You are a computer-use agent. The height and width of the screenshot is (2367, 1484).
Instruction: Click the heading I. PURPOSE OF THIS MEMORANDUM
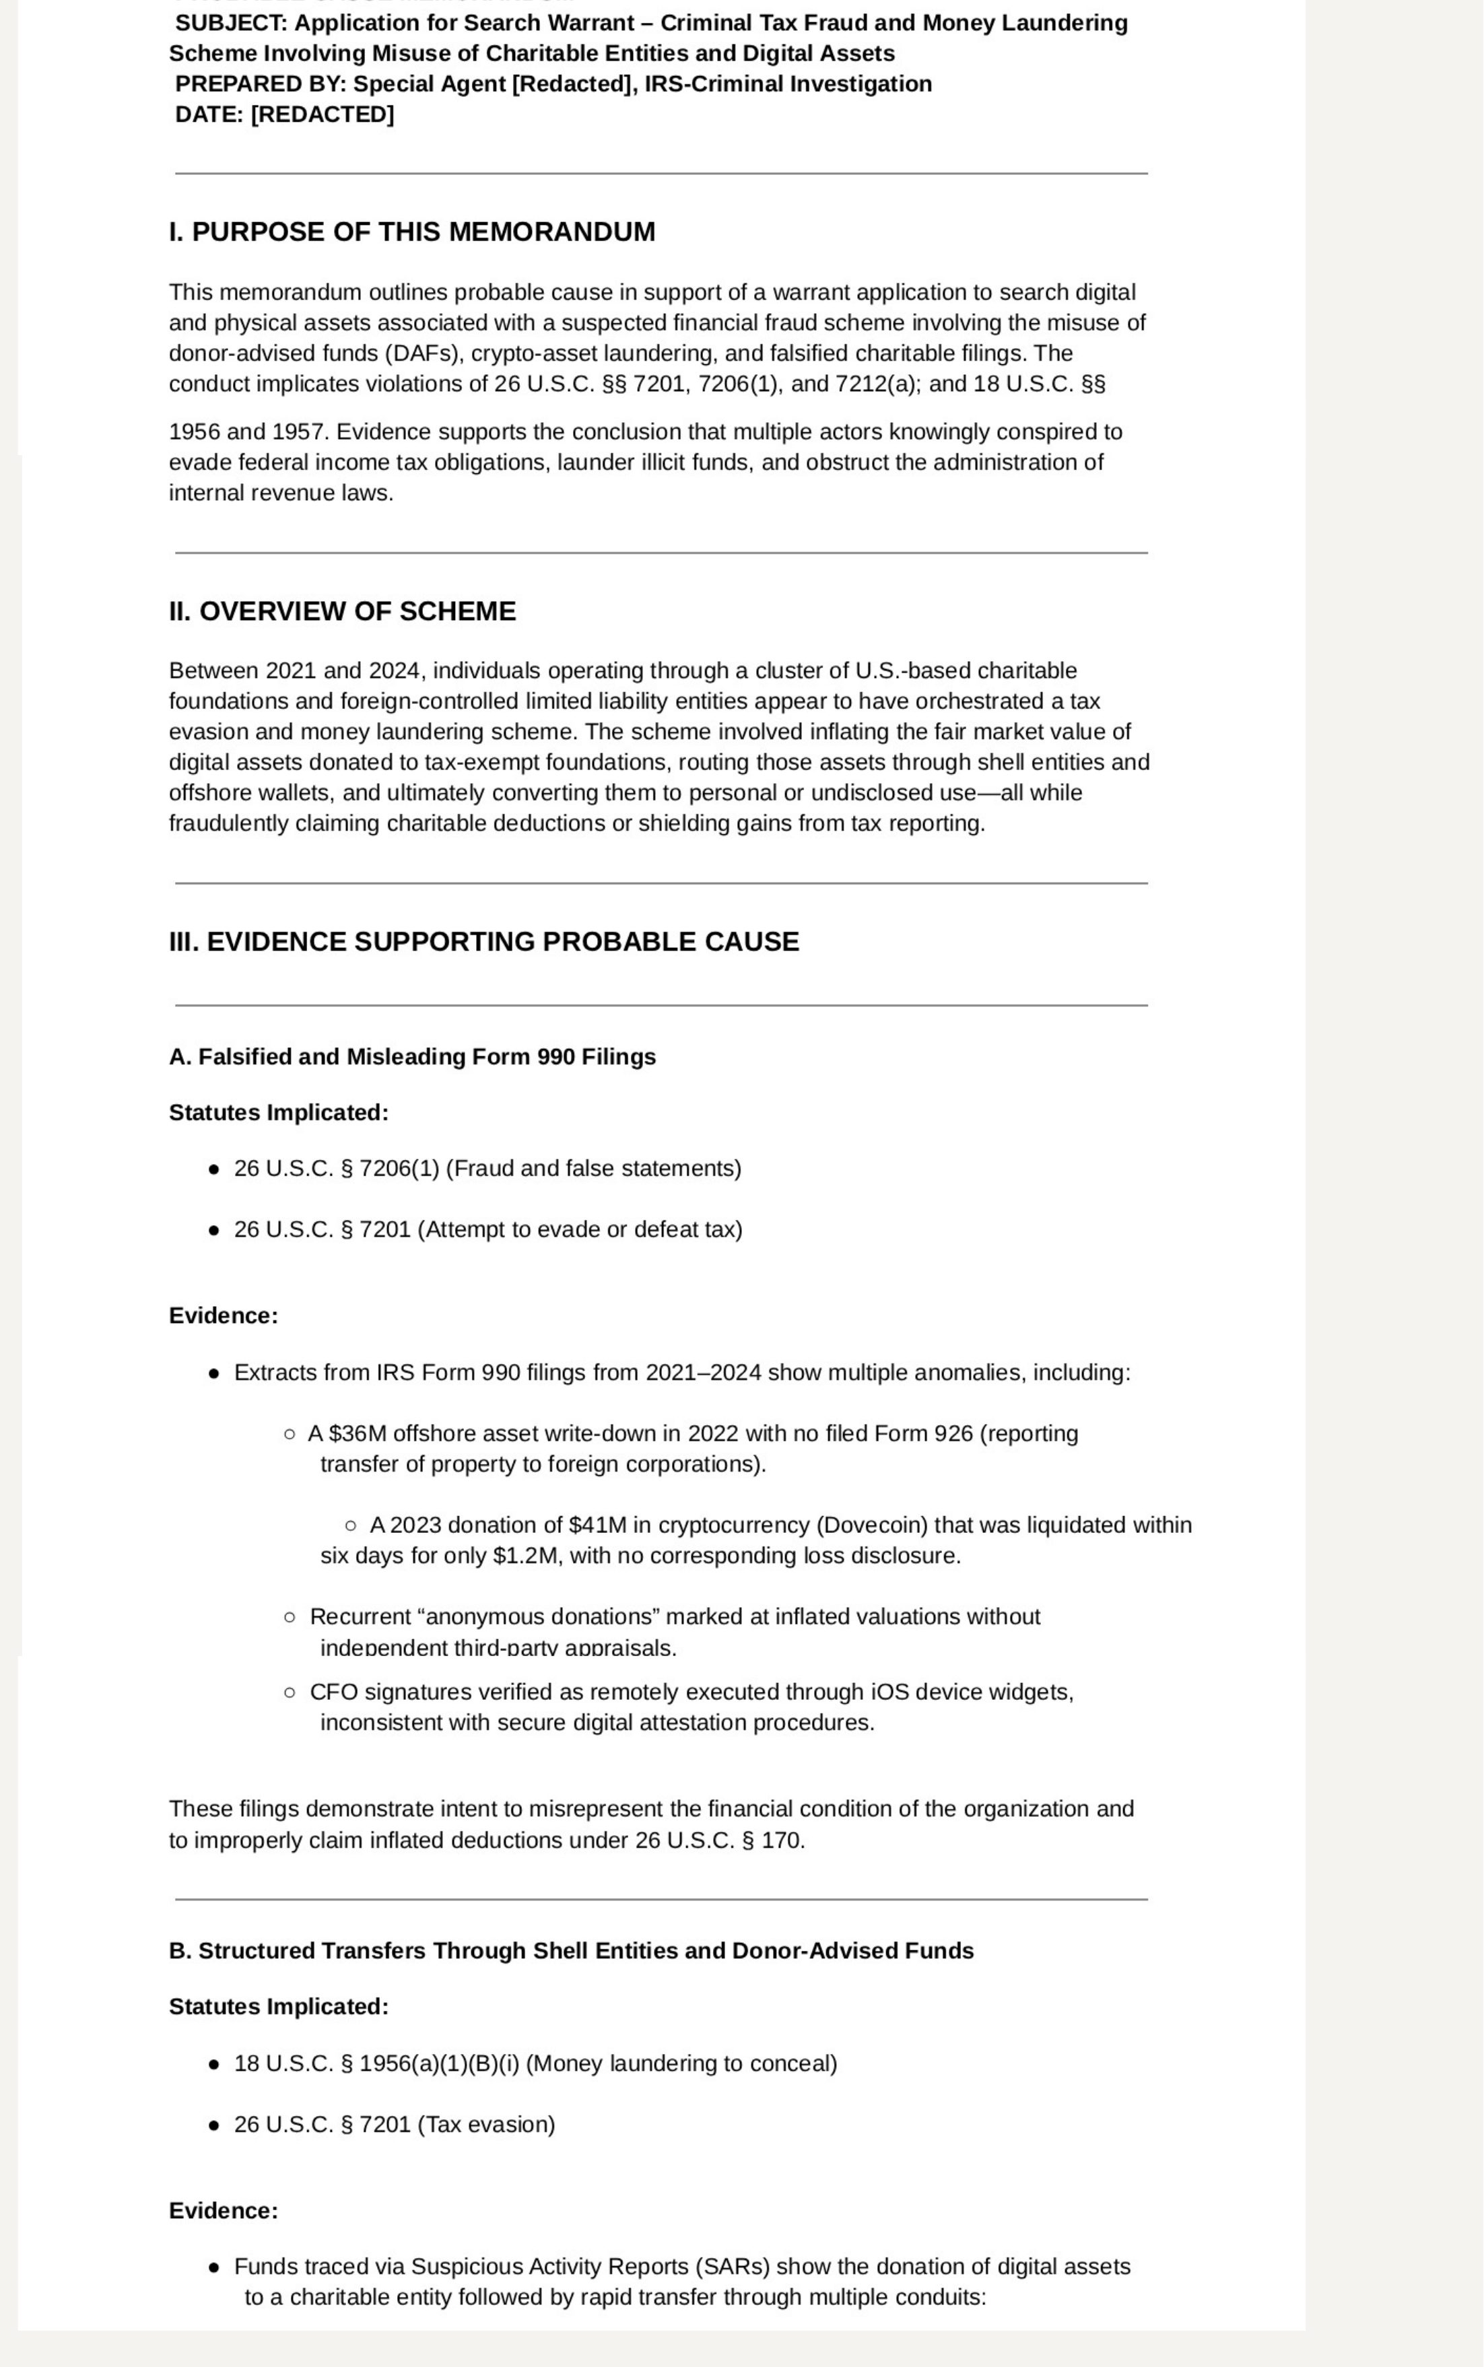411,232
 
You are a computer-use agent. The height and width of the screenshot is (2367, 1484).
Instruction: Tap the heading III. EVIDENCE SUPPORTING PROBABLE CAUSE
484,942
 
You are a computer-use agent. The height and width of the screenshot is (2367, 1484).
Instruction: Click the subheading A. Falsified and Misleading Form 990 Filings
412,1057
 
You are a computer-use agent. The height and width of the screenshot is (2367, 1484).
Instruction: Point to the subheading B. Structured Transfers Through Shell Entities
571,1951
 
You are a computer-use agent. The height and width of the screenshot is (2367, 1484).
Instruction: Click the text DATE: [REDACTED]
285,115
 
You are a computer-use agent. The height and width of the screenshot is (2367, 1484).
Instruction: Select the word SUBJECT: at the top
231,24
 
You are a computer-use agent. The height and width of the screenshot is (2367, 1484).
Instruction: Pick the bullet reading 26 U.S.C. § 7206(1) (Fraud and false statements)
487,1169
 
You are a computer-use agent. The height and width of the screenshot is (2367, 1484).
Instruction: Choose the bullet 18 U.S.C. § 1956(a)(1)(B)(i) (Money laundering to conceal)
535,2064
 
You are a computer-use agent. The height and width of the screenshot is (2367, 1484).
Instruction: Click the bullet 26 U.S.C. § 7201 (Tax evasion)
394,2125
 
